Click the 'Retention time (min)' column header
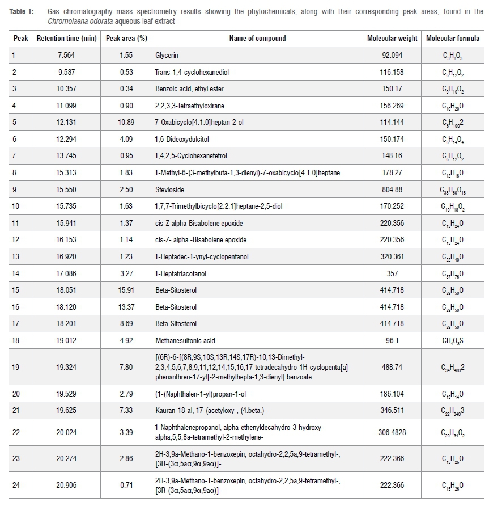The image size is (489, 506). pyautogui.click(x=65, y=39)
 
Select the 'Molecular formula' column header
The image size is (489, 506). pyautogui.click(x=452, y=39)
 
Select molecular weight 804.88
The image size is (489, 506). pyautogui.click(x=392, y=189)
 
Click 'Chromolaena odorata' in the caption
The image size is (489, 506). pyautogui.click(x=75, y=21)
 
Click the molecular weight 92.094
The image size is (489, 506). pyautogui.click(x=392, y=56)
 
